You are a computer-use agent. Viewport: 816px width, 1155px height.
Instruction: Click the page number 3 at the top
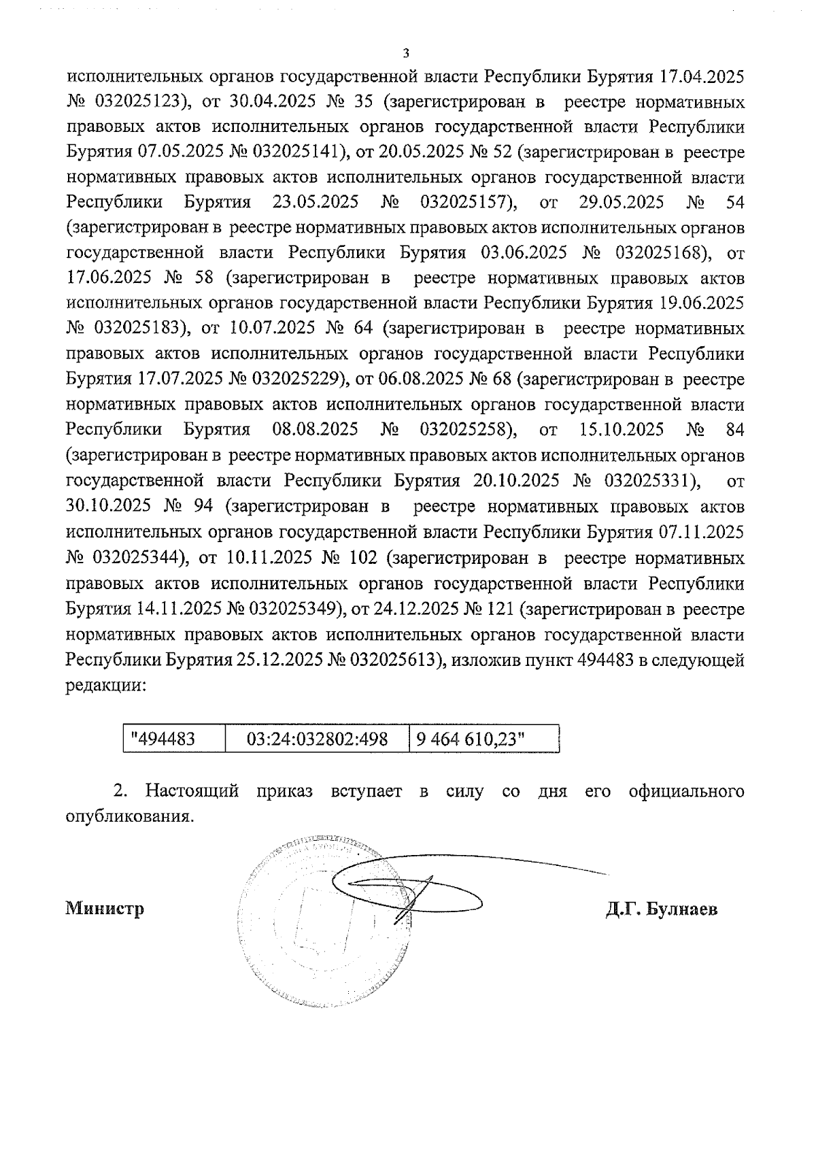pos(406,53)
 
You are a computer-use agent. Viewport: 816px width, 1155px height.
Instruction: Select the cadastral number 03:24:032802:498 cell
pos(317,739)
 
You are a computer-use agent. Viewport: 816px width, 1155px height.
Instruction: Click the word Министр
pos(105,909)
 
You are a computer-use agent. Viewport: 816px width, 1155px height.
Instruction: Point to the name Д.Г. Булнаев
pos(662,909)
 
